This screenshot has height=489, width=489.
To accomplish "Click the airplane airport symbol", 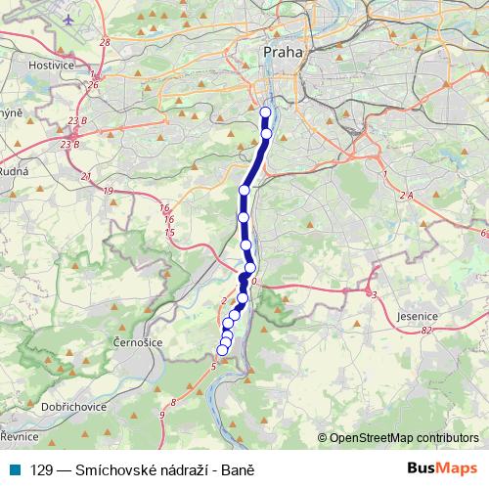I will tap(67, 19).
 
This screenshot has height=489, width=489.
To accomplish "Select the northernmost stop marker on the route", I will tap(265, 112).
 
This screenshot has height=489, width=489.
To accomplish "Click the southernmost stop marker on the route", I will tap(222, 350).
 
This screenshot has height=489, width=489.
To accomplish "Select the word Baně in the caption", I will tap(239, 469).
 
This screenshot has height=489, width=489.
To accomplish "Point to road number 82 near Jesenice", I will tap(425, 331).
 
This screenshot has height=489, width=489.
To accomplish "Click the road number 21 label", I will tap(87, 176).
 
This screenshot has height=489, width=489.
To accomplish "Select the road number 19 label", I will tap(108, 190).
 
